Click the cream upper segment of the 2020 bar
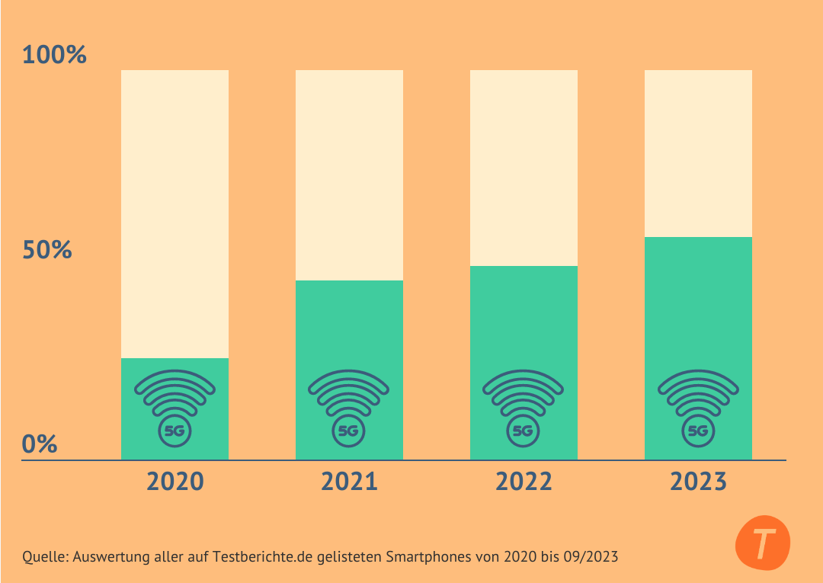[175, 213]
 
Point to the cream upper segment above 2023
[698, 152]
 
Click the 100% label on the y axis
[54, 56]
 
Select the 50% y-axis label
[47, 250]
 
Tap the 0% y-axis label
[40, 444]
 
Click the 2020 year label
[175, 482]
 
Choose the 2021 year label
[349, 482]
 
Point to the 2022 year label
[524, 482]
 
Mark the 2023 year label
[698, 482]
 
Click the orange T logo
[763, 543]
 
